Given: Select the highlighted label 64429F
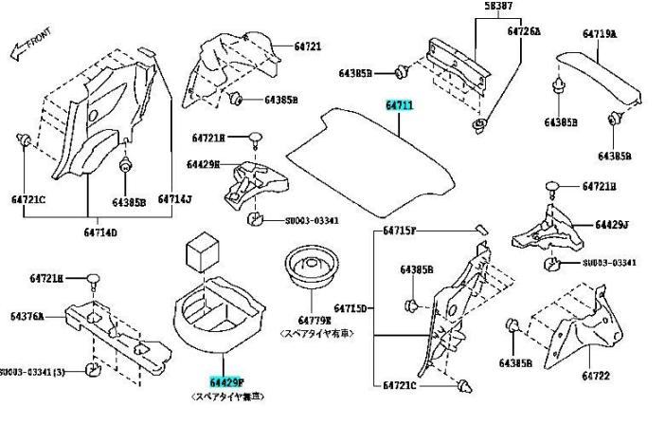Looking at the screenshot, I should tap(226, 380).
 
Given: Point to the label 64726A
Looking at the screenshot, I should tap(523, 30).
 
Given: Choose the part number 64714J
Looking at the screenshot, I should tap(174, 199).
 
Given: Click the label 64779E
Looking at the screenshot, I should tap(315, 320).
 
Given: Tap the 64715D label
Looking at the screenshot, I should tap(353, 308).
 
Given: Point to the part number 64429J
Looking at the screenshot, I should tap(613, 225).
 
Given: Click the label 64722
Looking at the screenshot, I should tap(596, 376).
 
